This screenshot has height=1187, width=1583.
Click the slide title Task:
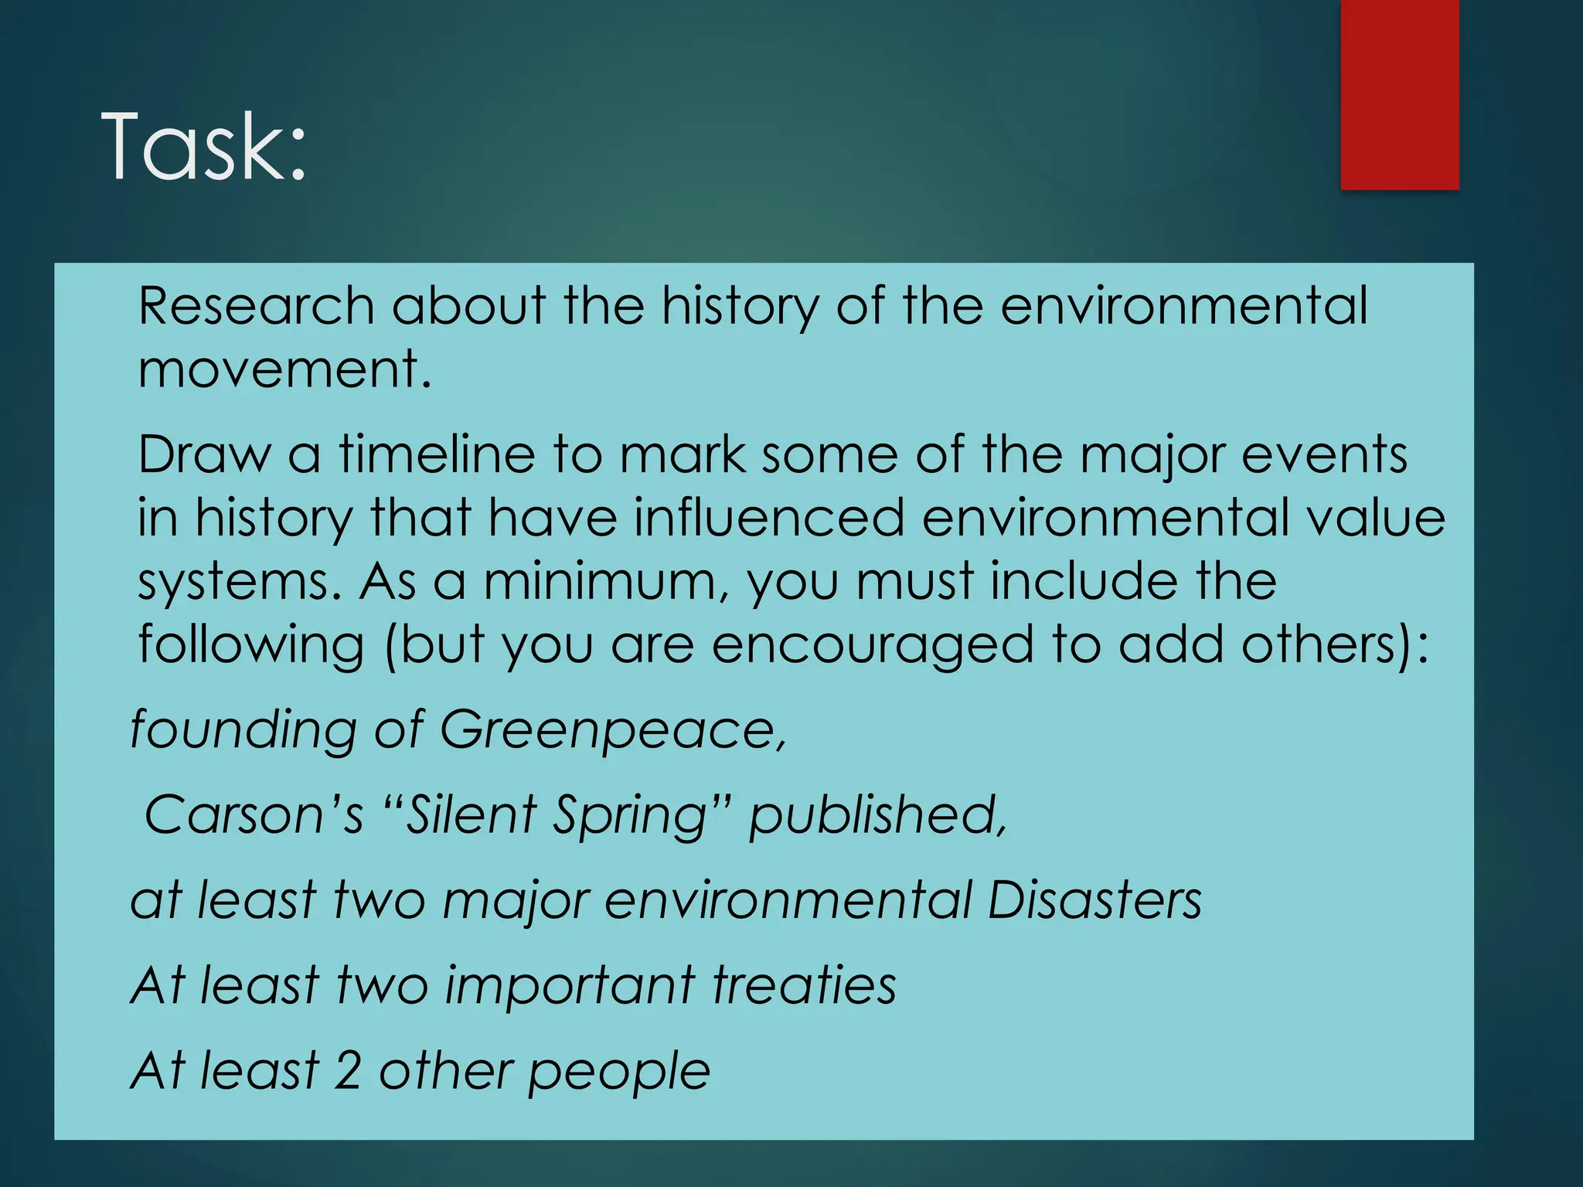(204, 147)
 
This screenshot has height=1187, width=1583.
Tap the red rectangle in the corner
(1399, 94)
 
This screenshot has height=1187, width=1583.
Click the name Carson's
(254, 815)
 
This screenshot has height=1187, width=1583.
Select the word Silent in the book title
(471, 815)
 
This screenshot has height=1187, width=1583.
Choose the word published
(878, 815)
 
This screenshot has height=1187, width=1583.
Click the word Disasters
(1094, 900)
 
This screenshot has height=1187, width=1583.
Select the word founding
(243, 730)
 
